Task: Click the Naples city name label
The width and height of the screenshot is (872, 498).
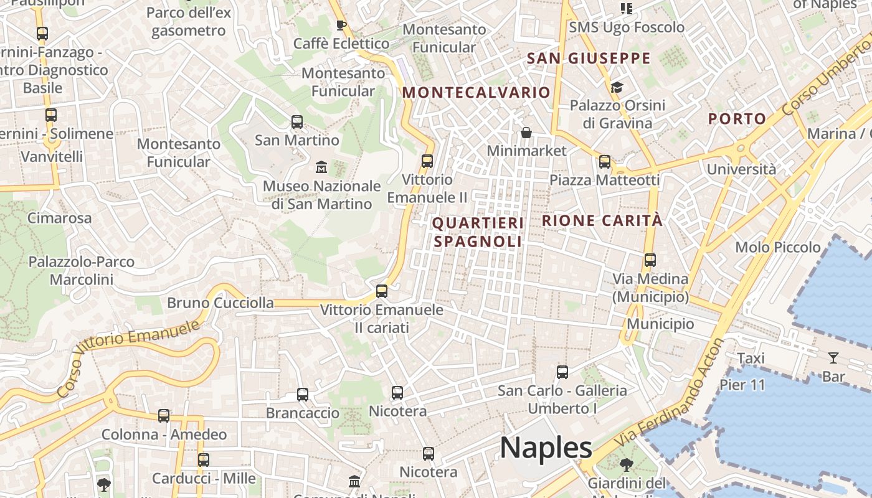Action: [x=546, y=447]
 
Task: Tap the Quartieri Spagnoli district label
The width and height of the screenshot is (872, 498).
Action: [x=478, y=232]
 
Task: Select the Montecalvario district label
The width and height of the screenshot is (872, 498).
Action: [x=476, y=93]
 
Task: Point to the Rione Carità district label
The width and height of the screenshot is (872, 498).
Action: [x=602, y=220]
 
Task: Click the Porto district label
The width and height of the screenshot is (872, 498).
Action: [x=737, y=119]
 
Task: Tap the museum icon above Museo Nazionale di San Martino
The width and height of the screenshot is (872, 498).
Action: [x=321, y=167]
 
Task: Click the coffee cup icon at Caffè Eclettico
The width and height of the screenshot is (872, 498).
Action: [x=341, y=25]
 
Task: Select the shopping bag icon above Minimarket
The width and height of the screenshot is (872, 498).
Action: [x=526, y=133]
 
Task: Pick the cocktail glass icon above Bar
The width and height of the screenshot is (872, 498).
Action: [x=833, y=358]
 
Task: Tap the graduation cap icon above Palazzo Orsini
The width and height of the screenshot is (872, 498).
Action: [x=617, y=87]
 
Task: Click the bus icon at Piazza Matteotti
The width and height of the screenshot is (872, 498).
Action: [x=605, y=162]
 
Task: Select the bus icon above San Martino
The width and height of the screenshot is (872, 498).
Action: [x=297, y=122]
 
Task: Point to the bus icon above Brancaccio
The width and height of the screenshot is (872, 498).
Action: [x=303, y=394]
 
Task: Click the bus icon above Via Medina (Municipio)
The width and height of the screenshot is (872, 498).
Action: [x=650, y=260]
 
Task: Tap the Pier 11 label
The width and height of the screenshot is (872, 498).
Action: [x=742, y=385]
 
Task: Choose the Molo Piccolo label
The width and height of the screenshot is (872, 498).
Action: [x=778, y=247]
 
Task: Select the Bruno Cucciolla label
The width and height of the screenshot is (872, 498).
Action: [x=220, y=303]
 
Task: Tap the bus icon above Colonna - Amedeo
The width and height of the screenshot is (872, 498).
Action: [x=164, y=416]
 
